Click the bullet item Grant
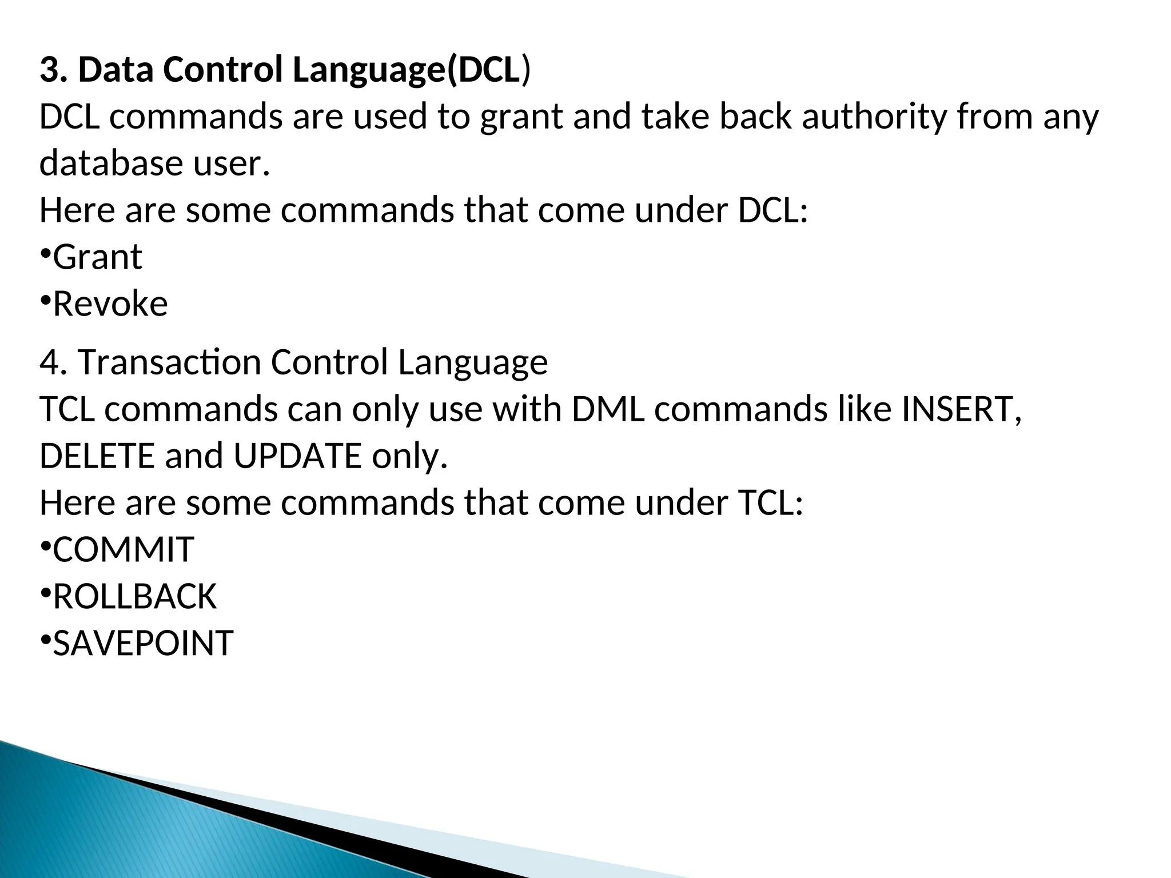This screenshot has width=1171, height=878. [x=97, y=257]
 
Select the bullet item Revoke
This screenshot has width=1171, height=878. [x=110, y=304]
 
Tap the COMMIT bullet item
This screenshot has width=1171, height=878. [x=123, y=550]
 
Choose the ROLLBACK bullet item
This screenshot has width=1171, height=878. [x=134, y=597]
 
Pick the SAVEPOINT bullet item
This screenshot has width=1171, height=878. [x=143, y=644]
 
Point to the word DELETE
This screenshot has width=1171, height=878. [x=97, y=456]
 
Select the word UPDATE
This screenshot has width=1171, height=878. [x=297, y=456]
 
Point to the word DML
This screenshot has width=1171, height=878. [x=608, y=409]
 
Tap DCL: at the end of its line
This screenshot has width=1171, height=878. [x=772, y=210]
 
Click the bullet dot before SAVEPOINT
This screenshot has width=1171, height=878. [x=45, y=639]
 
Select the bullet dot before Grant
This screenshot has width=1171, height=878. [x=45, y=253]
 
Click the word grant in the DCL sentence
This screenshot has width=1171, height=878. [x=521, y=117]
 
